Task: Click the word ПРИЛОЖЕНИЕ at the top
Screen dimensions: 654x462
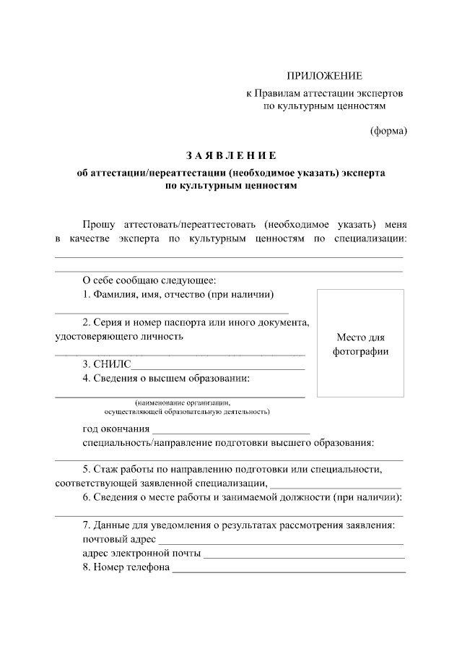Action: [x=324, y=76]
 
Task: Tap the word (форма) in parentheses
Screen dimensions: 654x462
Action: [x=388, y=131]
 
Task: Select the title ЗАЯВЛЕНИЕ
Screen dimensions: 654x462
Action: [x=230, y=155]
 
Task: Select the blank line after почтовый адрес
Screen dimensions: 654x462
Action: [x=281, y=543]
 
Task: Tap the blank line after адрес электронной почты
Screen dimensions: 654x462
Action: [x=304, y=557]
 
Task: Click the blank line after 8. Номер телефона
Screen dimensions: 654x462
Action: [x=289, y=572]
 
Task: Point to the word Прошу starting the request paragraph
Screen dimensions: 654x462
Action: [x=99, y=225]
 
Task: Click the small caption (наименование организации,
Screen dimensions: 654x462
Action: [x=186, y=403]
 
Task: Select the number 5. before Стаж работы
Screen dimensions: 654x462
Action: [x=87, y=469]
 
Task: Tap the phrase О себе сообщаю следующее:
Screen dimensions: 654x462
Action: [x=149, y=280]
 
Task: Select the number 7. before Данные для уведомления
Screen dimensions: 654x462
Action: [x=87, y=524]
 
